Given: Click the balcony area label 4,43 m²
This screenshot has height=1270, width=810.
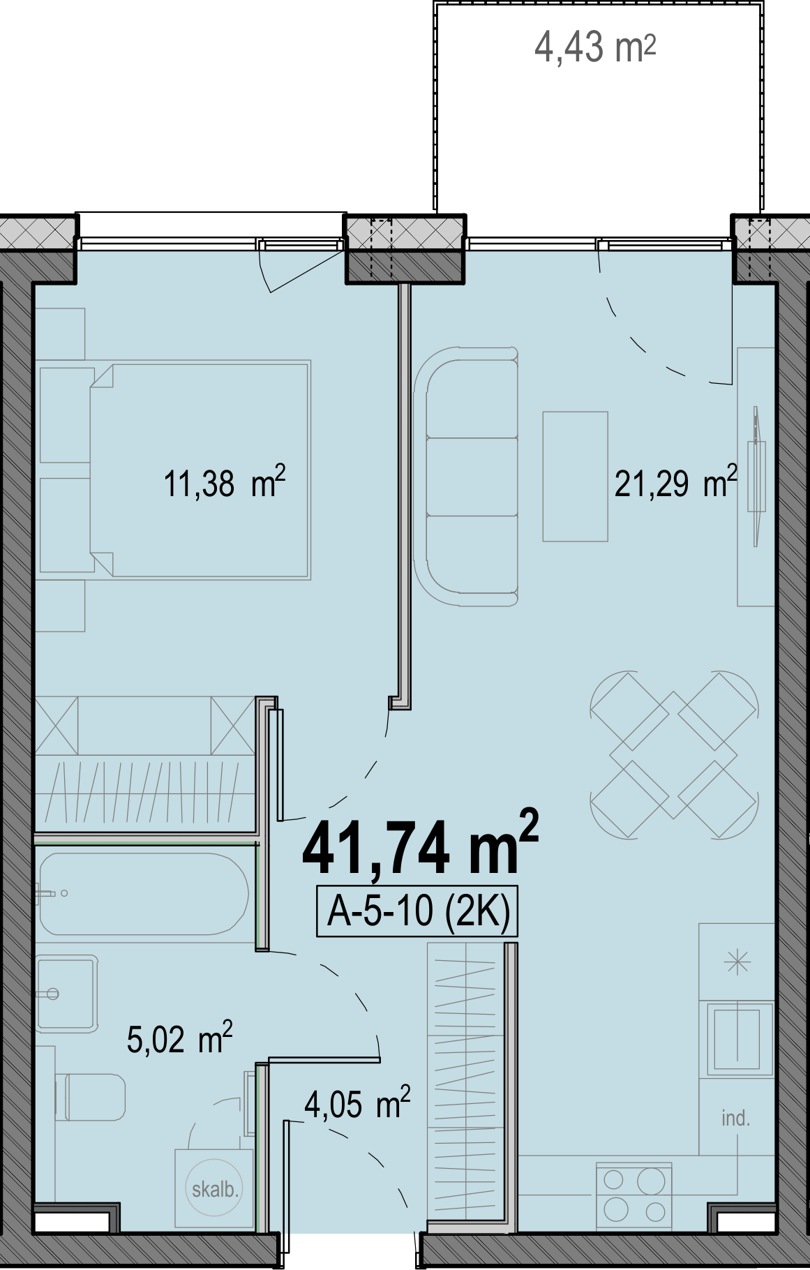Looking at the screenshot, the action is pyautogui.click(x=594, y=48).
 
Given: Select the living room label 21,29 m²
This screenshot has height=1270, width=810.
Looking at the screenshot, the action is pyautogui.click(x=675, y=482).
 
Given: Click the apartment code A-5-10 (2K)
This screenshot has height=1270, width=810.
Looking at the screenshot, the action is pyautogui.click(x=417, y=911).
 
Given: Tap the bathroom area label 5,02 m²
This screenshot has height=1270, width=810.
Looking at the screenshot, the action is pyautogui.click(x=179, y=1039).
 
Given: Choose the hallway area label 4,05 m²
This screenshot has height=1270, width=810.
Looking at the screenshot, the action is pyautogui.click(x=357, y=1104).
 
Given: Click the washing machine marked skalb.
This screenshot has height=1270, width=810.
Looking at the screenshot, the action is pyautogui.click(x=215, y=1188).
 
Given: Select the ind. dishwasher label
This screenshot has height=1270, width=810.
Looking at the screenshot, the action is pyautogui.click(x=735, y=1119).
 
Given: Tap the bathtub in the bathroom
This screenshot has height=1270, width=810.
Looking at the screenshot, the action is pyautogui.click(x=143, y=893).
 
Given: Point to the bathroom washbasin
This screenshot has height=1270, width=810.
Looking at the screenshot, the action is pyautogui.click(x=66, y=994).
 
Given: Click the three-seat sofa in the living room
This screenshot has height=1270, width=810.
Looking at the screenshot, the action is pyautogui.click(x=466, y=477).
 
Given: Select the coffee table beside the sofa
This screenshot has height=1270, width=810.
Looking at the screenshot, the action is pyautogui.click(x=576, y=477).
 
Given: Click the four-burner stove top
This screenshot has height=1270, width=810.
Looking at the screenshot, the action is pyautogui.click(x=633, y=1195).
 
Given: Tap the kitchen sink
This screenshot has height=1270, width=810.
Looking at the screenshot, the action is pyautogui.click(x=740, y=1038).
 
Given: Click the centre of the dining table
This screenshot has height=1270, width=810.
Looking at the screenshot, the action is pyautogui.click(x=674, y=754).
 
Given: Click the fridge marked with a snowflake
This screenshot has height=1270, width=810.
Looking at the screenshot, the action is pyautogui.click(x=737, y=963).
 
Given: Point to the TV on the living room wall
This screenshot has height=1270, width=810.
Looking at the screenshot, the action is pyautogui.click(x=755, y=477).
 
